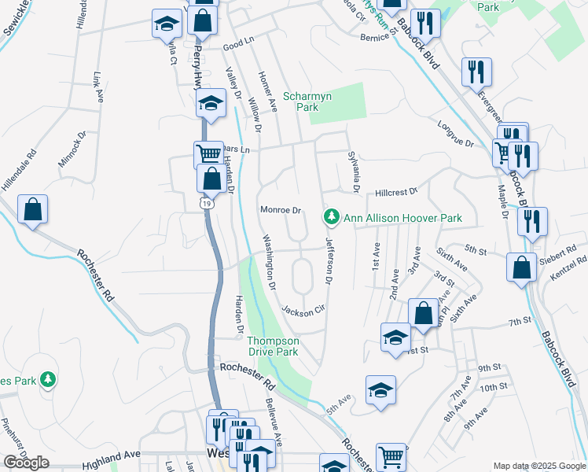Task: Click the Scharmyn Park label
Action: tap(307, 102)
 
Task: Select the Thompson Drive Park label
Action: tap(273, 346)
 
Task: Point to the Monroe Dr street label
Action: tap(281, 211)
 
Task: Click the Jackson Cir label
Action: tap(303, 311)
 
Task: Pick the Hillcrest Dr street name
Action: tap(395, 191)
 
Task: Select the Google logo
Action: tap(26, 463)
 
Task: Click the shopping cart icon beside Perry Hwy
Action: tap(208, 153)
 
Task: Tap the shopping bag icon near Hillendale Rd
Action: tap(33, 210)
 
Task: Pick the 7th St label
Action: tap(520, 323)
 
